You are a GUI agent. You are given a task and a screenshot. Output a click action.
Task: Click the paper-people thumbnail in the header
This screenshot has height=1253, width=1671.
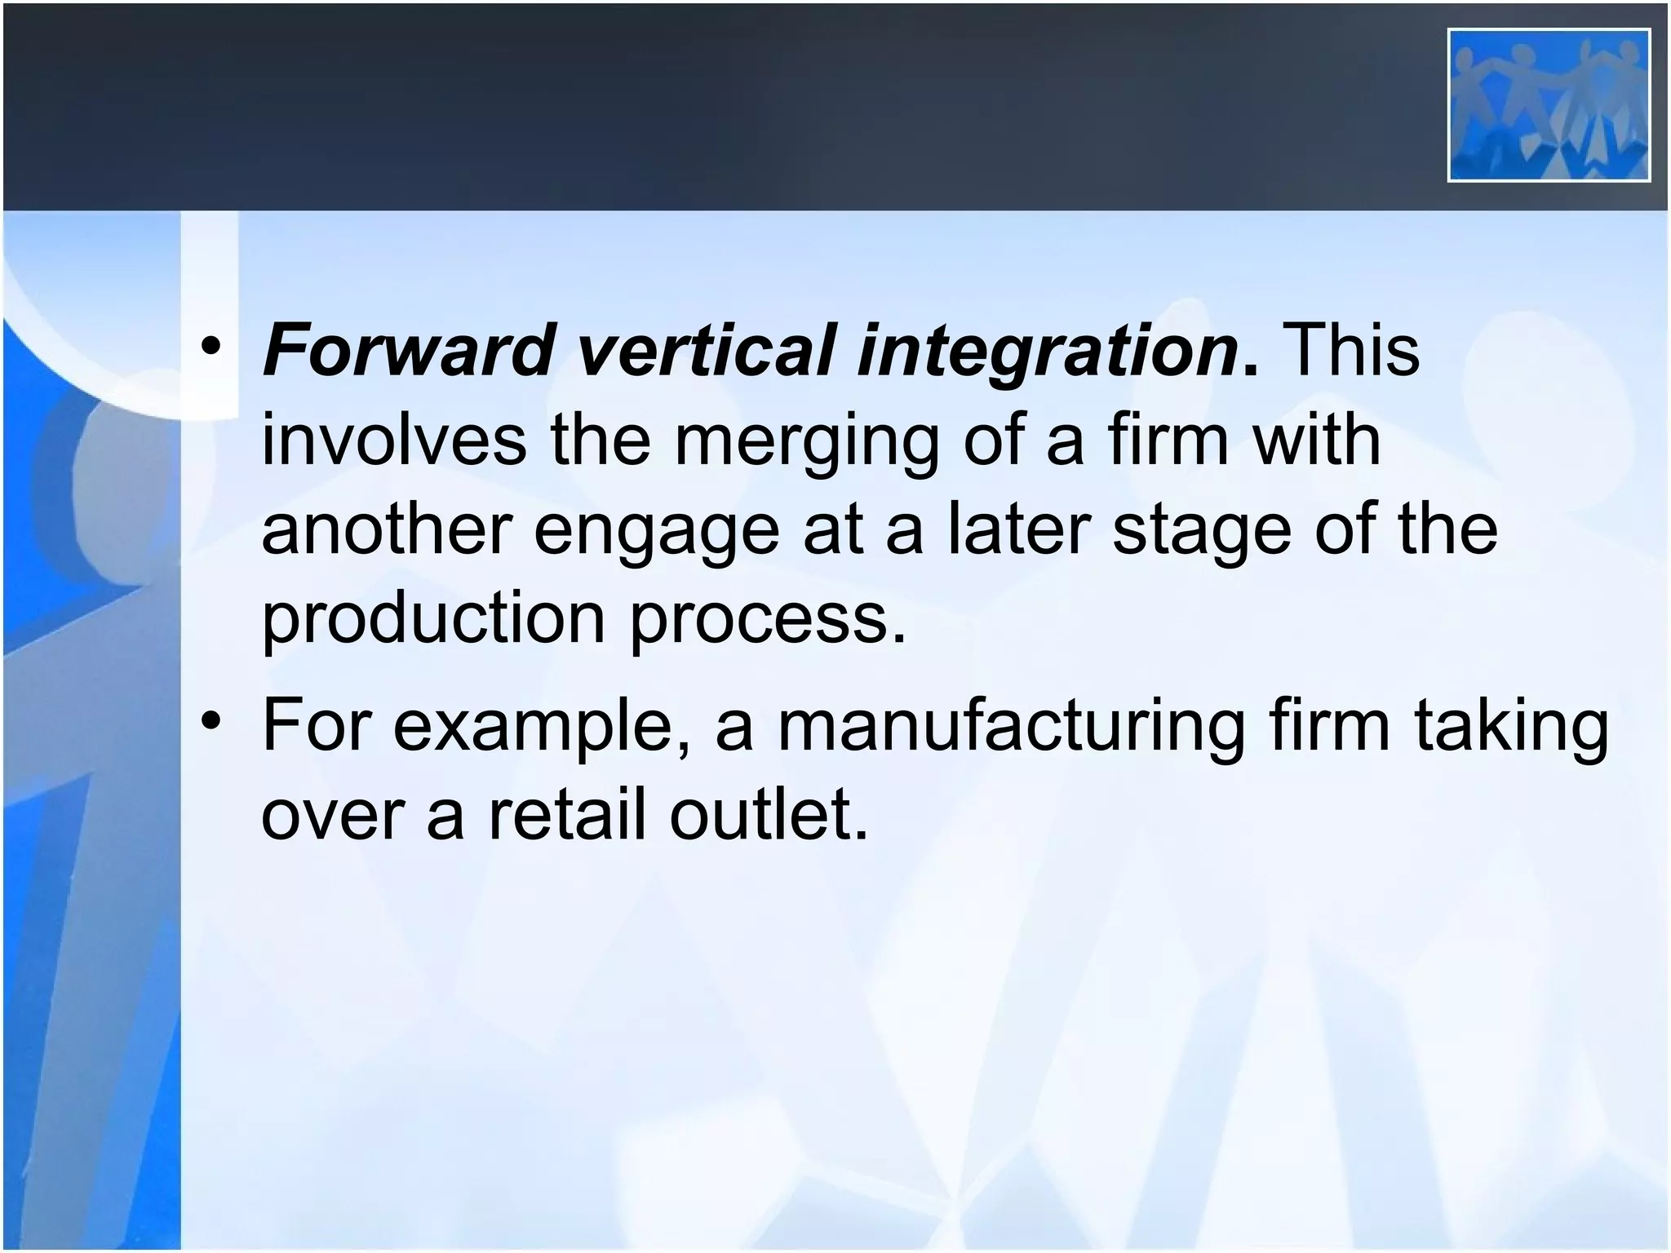click(x=1549, y=105)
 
